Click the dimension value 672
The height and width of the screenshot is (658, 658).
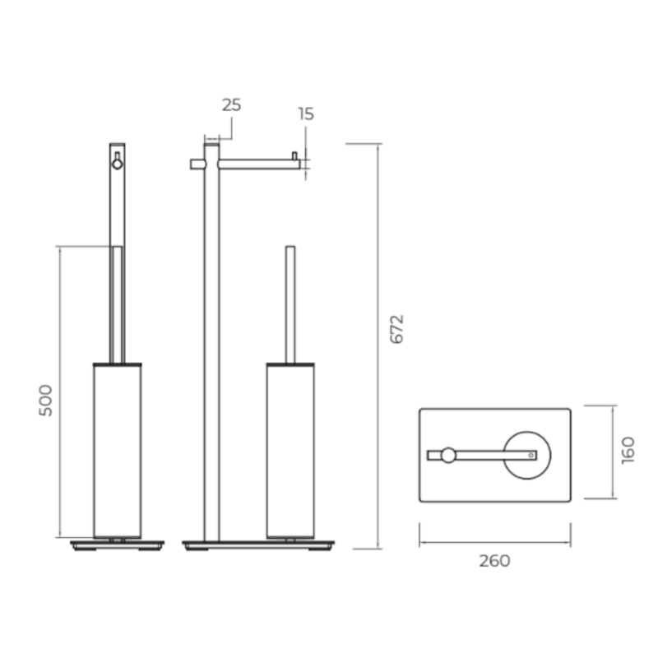click(x=396, y=329)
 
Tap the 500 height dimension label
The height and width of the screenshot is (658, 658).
click(x=46, y=401)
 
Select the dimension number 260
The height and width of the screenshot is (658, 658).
click(x=495, y=561)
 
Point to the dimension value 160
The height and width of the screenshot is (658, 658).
click(x=628, y=450)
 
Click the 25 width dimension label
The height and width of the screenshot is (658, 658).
click(x=232, y=105)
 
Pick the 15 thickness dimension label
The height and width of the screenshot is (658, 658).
click(x=306, y=114)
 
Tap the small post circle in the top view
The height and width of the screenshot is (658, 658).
click(x=448, y=456)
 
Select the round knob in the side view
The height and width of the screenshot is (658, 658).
click(x=118, y=164)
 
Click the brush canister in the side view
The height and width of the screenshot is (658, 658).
click(x=117, y=450)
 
